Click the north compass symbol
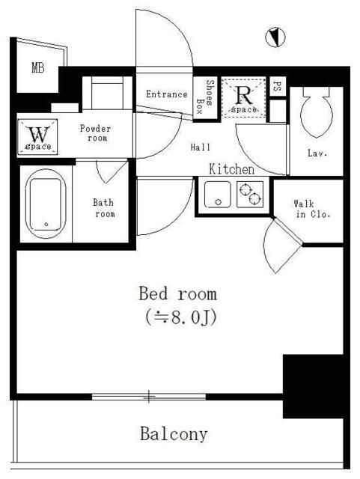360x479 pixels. click(275, 37)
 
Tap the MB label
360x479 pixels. click(38, 67)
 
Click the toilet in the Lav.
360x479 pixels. click(317, 112)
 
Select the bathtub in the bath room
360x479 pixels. click(46, 204)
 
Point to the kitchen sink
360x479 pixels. click(218, 195)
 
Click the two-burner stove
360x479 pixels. click(250, 195)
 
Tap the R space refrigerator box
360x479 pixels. click(243, 98)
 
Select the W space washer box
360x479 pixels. click(37, 136)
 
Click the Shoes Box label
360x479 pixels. click(205, 97)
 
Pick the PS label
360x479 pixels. click(277, 87)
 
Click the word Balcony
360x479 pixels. click(174, 434)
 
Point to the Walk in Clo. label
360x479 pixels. click(311, 209)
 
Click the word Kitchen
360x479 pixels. click(232, 169)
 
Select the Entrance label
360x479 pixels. click(167, 94)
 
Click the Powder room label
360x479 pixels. click(95, 133)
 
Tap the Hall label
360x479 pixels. click(201, 147)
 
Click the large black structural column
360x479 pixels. click(314, 386)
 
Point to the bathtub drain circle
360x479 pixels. click(46, 224)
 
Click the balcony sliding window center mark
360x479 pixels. click(149, 397)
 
